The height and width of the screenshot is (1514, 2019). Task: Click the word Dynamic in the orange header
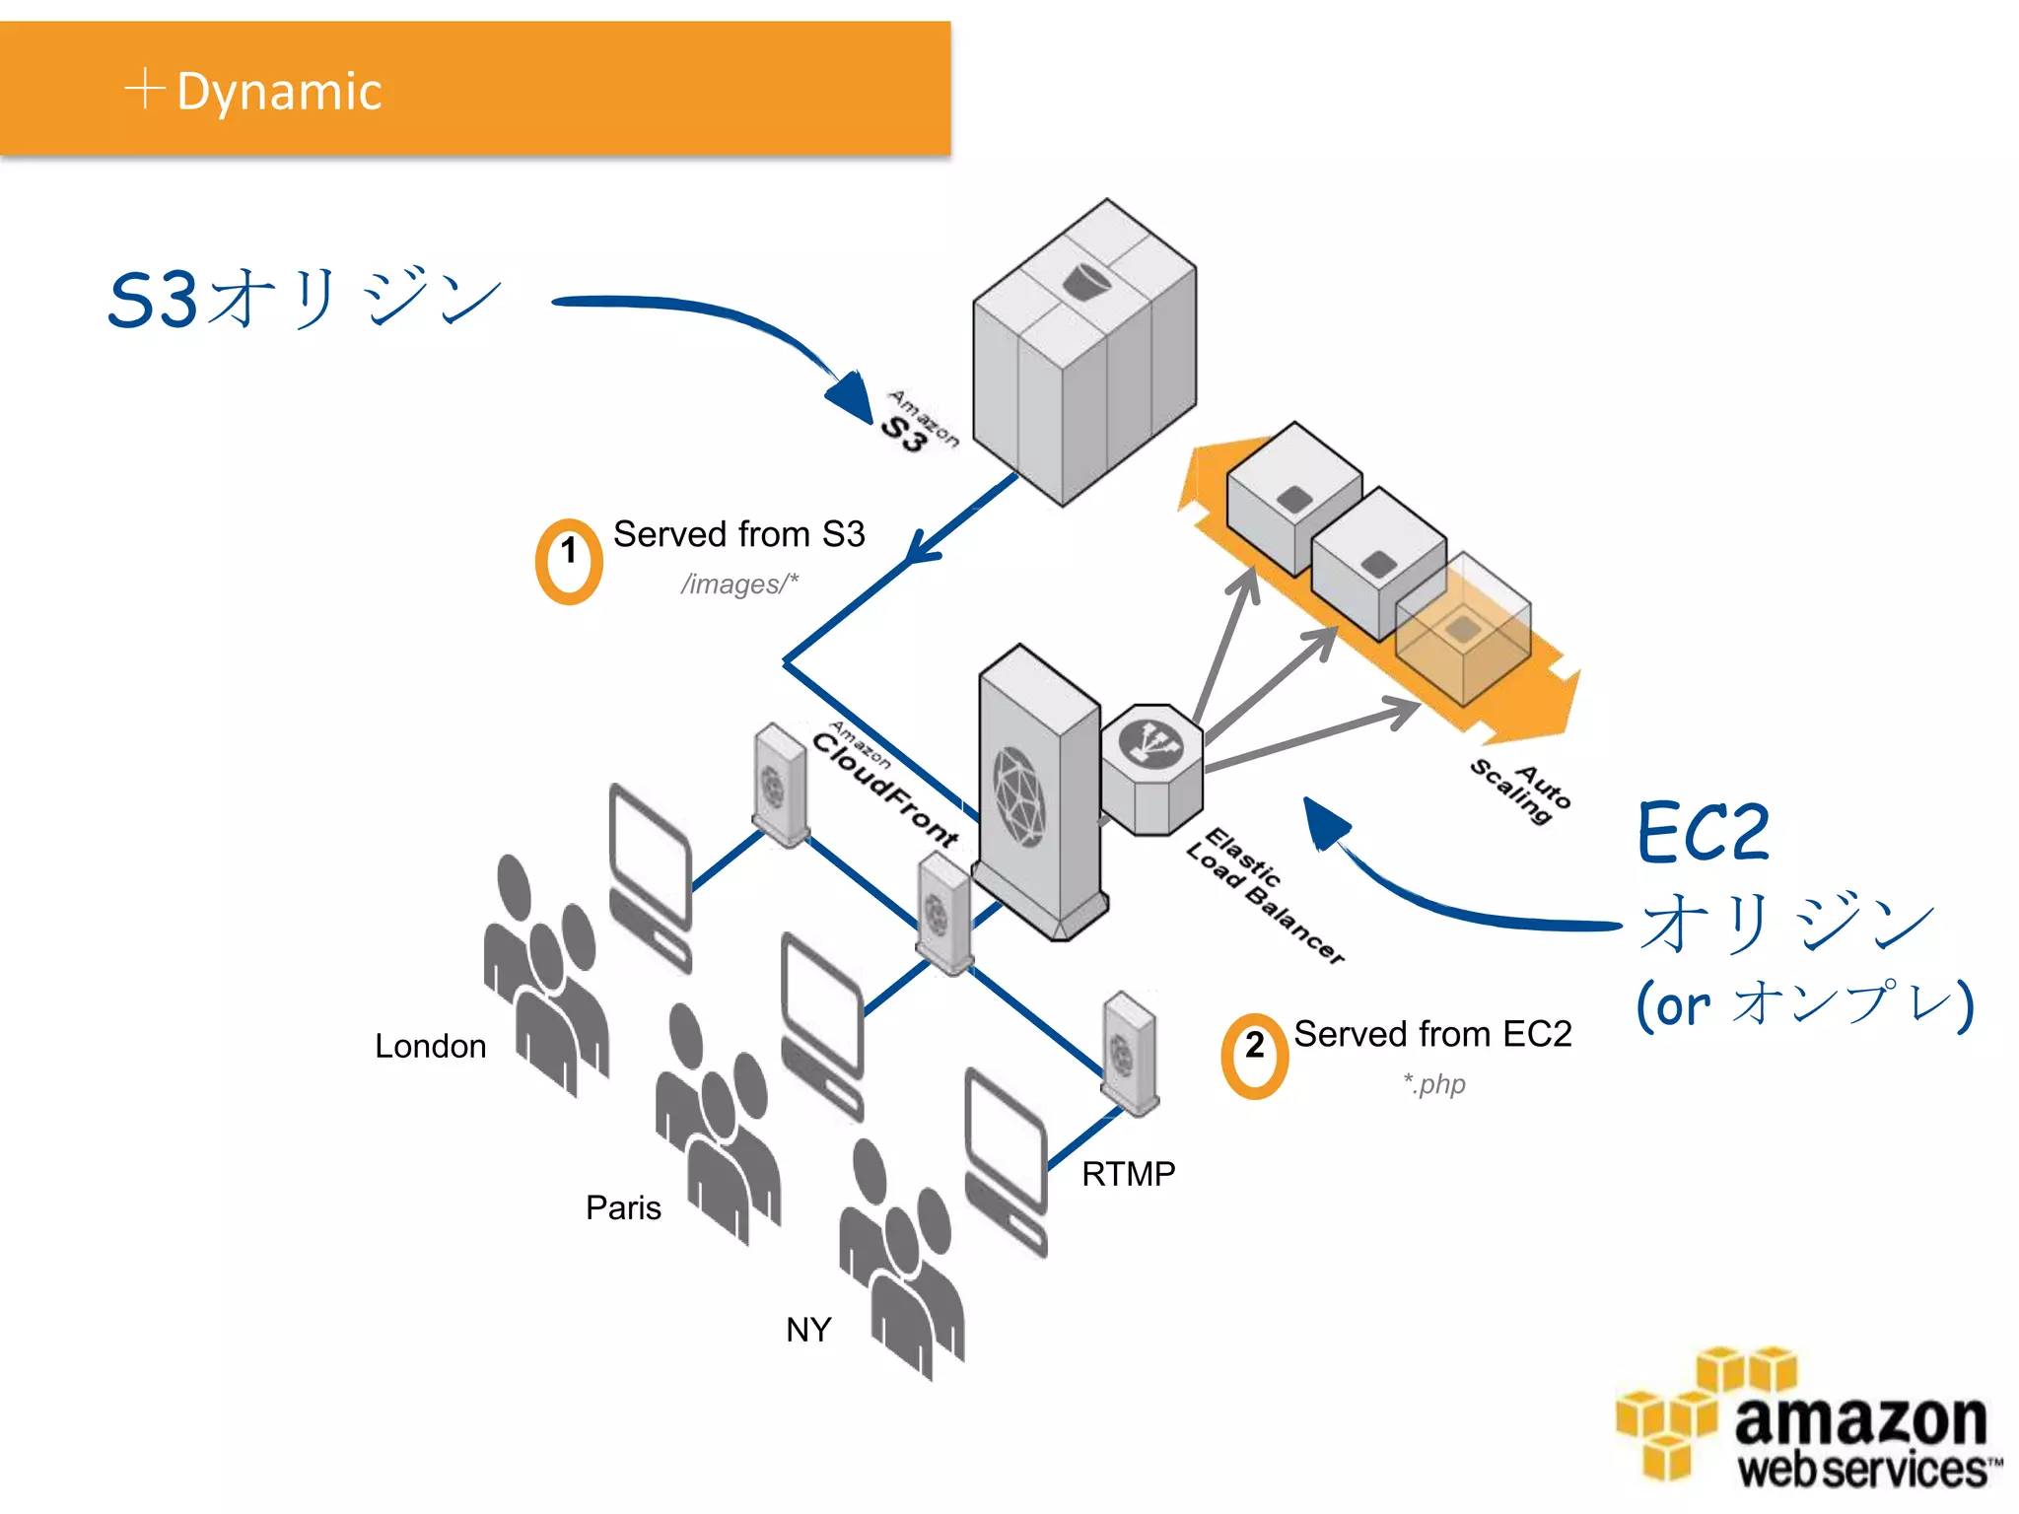279,92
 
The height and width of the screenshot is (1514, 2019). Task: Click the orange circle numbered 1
569,561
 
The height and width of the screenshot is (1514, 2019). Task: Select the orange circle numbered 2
1254,1056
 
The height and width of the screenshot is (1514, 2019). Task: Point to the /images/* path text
739,585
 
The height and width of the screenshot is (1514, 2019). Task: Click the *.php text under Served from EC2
1434,1084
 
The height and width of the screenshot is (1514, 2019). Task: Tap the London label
431,1046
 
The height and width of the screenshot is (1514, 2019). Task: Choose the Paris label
623,1207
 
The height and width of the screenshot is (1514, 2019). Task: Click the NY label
808,1330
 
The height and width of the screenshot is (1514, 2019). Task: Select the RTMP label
1128,1174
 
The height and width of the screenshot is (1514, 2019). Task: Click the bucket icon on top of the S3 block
1085,282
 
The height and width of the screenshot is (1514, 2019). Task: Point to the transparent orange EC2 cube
1463,631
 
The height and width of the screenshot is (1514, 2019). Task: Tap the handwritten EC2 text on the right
1703,833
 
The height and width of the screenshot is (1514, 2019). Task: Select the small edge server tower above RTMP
1130,1054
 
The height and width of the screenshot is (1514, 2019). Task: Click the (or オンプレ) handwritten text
1804,1003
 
